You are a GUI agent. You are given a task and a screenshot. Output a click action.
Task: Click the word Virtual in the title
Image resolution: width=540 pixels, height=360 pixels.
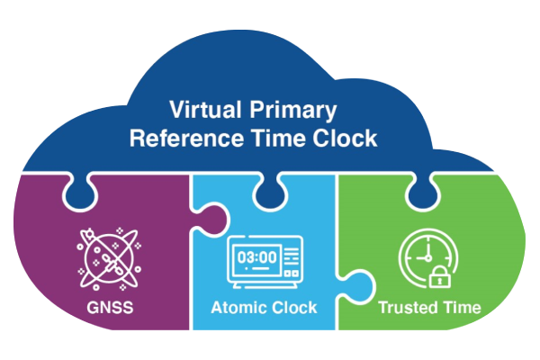point(205,110)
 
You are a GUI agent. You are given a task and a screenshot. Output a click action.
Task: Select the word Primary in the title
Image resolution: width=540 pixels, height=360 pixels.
point(293,111)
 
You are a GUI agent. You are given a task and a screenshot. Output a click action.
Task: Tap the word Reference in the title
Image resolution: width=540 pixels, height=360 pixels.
point(186,139)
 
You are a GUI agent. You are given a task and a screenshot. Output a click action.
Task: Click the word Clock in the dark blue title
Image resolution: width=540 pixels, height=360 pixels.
point(345,139)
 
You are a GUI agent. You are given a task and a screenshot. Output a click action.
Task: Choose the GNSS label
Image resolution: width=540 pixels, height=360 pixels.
point(110,308)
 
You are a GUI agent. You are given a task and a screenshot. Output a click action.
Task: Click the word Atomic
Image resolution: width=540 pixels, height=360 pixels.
point(238,308)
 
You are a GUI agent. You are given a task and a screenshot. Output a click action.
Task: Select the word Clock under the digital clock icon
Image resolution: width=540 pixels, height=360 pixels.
point(294,308)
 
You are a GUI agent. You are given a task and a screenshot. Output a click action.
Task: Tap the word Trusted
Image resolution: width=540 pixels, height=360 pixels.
point(408,307)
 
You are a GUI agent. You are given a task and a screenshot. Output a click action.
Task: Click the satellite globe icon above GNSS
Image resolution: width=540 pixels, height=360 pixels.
point(109,258)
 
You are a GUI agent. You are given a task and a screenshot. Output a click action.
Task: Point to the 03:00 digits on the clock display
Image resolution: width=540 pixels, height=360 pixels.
point(256,257)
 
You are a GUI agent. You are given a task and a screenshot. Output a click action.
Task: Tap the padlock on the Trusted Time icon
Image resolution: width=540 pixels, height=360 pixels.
point(440,277)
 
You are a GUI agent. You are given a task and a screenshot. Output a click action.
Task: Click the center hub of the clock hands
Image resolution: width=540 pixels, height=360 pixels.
point(428,257)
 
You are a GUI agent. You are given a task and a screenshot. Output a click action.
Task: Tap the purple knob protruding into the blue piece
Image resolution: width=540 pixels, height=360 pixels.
point(212,220)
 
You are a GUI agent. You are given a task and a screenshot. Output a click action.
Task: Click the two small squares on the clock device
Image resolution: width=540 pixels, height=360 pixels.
point(292,274)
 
